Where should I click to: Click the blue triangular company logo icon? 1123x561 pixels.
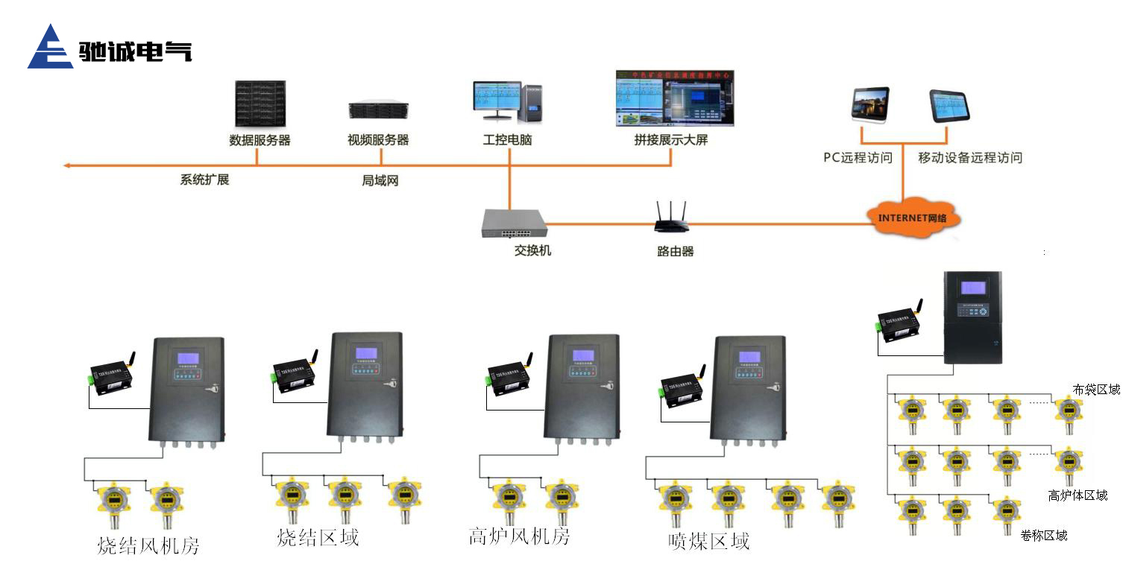coord(50,48)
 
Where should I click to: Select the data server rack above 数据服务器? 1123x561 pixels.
coord(259,104)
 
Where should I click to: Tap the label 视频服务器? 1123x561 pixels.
coord(378,140)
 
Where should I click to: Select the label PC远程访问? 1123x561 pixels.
coord(858,158)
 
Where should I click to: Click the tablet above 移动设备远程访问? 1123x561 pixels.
coord(949,105)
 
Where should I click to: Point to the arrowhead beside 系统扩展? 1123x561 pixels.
coord(67,165)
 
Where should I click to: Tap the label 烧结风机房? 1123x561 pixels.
coord(148,545)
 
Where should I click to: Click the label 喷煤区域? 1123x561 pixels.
coord(708,541)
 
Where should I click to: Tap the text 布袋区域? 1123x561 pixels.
coord(1096,390)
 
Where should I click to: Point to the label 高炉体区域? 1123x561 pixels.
coord(1078,495)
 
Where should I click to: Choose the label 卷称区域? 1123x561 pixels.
coord(1044,536)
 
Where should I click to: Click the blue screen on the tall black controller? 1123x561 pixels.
coord(973,288)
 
